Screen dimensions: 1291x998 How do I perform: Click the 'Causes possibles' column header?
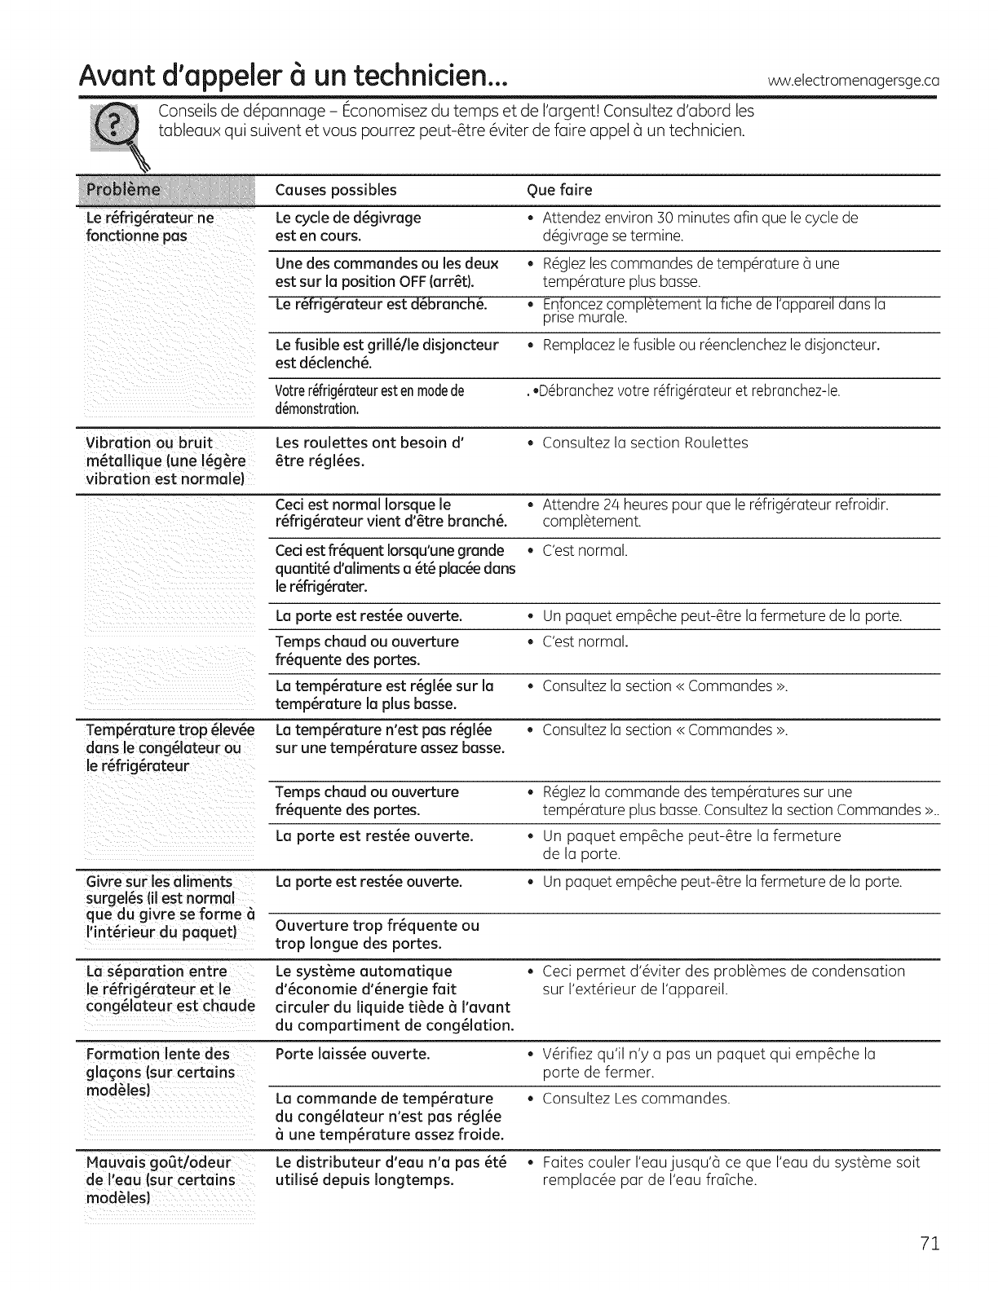coord(336,190)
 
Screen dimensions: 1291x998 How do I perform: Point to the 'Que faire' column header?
coord(559,190)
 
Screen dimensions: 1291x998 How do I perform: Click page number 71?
coord(930,1243)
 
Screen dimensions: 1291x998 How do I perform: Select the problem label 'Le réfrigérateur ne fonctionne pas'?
coord(150,227)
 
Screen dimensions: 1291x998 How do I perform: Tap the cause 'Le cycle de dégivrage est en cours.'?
coord(348,227)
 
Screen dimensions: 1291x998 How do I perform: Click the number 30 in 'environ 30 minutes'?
coord(665,218)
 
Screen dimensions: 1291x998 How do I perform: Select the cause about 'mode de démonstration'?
coord(369,399)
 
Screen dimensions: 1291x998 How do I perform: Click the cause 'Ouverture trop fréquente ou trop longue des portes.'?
coord(378,935)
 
